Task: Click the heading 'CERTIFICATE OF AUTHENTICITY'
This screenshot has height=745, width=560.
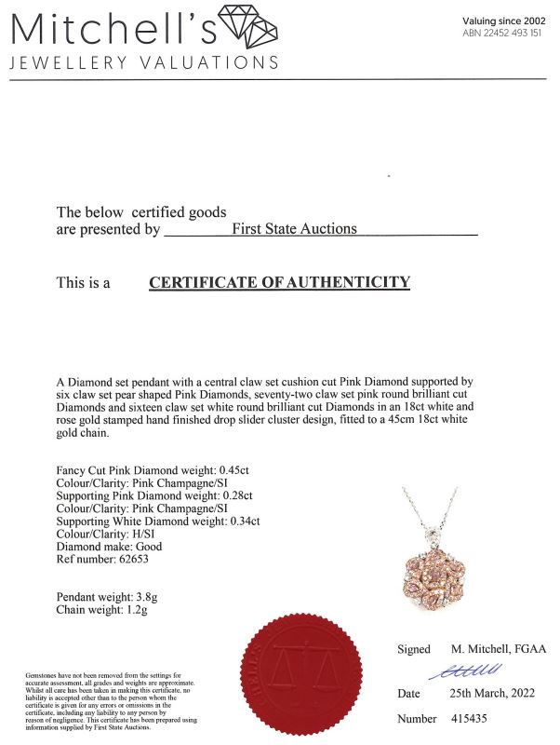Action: [x=279, y=282]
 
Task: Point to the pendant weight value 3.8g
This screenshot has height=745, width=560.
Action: [x=137, y=597]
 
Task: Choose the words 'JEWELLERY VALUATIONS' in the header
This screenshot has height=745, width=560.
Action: [x=144, y=62]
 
